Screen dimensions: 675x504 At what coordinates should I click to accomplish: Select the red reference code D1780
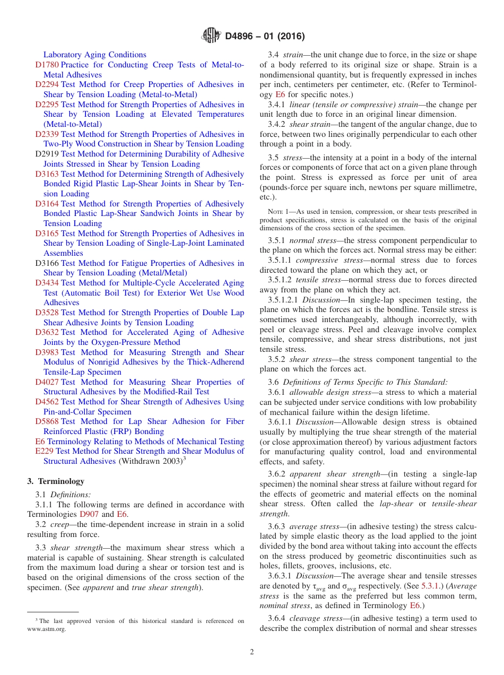pos(47,65)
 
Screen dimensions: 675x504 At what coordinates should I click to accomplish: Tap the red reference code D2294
pos(47,84)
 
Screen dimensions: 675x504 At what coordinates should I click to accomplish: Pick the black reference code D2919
pos(47,154)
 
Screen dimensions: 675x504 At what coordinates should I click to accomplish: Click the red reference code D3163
pos(47,174)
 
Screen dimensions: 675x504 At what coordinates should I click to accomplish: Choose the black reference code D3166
pos(47,263)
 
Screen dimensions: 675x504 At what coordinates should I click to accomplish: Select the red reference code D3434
pos(47,283)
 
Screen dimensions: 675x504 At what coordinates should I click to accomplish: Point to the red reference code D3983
pos(47,352)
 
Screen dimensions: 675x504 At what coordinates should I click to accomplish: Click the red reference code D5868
pos(47,421)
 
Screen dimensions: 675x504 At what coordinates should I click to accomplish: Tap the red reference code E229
pos(44,451)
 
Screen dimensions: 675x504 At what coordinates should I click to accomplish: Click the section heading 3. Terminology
pos(56,481)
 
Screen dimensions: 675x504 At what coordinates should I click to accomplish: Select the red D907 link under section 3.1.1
pos(89,514)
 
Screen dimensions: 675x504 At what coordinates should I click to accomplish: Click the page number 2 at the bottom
pos(252,652)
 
